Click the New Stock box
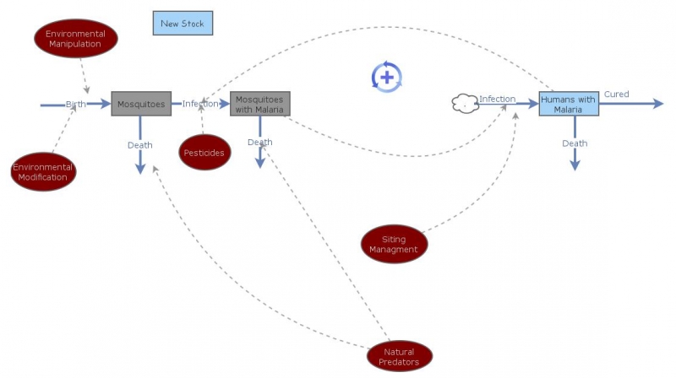[183, 23]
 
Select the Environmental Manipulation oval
[75, 39]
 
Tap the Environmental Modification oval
[43, 172]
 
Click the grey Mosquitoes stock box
[141, 104]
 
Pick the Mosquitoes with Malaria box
[260, 104]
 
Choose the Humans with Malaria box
[569, 104]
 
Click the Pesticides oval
[204, 153]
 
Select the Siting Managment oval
[394, 244]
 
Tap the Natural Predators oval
[399, 356]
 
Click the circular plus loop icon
[386, 77]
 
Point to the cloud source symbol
[465, 104]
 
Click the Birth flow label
[76, 104]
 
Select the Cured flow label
[616, 94]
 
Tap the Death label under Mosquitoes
[140, 145]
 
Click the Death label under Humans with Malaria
[575, 143]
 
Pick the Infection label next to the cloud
[498, 99]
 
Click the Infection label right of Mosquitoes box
[199, 104]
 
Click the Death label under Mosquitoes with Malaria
[260, 142]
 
